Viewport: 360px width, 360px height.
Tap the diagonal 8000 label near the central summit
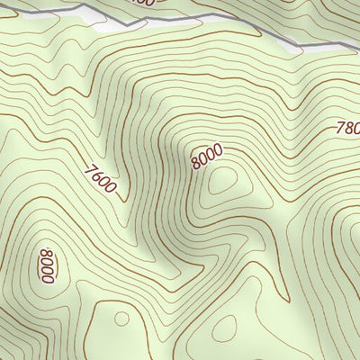pyautogui.click(x=206, y=158)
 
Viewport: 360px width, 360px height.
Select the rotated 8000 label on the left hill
pyautogui.click(x=48, y=266)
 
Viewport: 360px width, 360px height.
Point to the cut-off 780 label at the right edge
pyautogui.click(x=347, y=129)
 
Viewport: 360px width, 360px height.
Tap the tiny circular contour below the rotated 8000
pyautogui.click(x=119, y=318)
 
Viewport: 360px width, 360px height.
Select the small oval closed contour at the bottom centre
pyautogui.click(x=226, y=326)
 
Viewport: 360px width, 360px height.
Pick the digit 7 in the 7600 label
pyautogui.click(x=91, y=166)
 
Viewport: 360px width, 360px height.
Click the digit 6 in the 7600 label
pyautogui.click(x=97, y=173)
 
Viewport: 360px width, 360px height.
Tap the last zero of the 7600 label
pyautogui.click(x=111, y=189)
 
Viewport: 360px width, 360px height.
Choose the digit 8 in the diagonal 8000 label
pyautogui.click(x=195, y=166)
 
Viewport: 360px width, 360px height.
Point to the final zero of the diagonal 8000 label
pyautogui.click(x=217, y=150)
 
